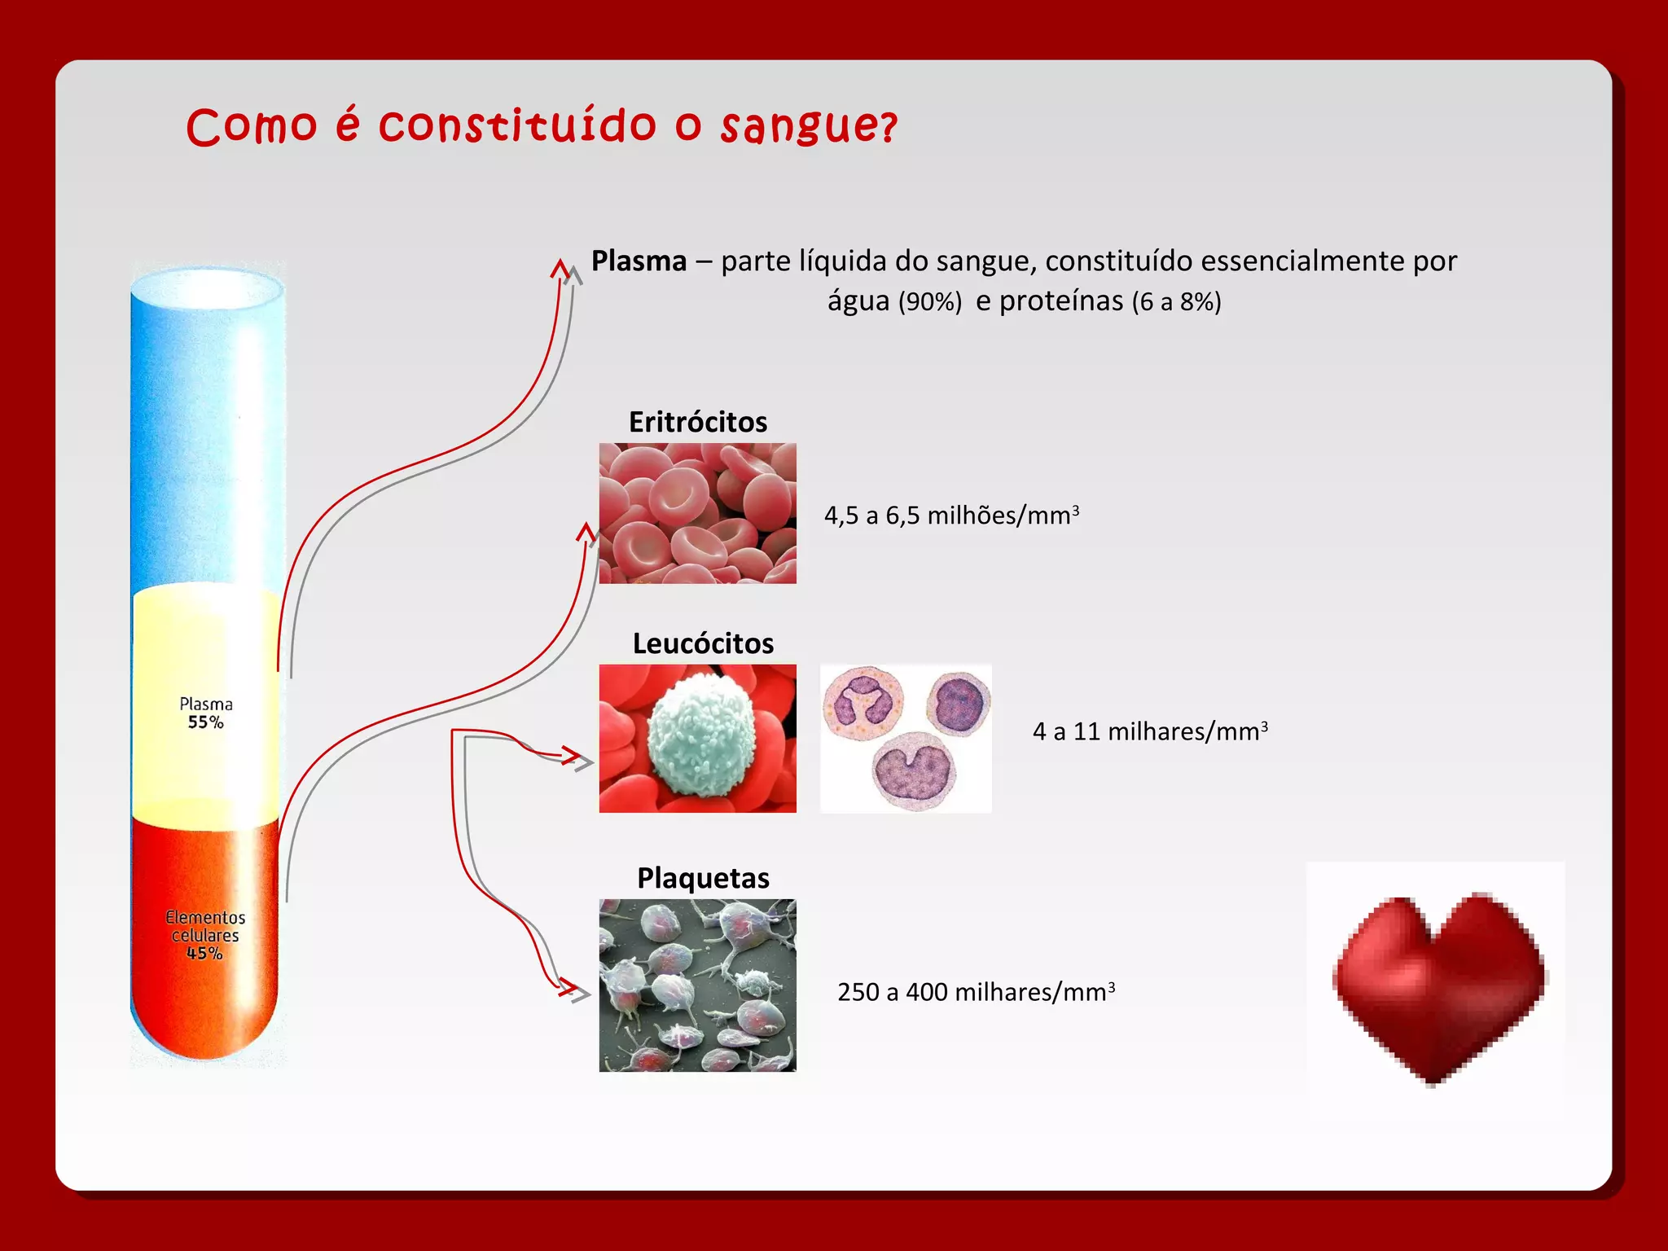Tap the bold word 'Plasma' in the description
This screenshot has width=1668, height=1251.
coord(639,261)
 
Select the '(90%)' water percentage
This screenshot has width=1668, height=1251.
coord(930,302)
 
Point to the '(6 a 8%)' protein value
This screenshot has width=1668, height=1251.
coord(1176,302)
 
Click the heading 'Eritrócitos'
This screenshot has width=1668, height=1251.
coord(698,422)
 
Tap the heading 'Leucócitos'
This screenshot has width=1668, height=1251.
coord(703,643)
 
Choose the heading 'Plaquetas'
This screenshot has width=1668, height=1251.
coord(703,878)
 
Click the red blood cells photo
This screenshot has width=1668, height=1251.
coord(697,513)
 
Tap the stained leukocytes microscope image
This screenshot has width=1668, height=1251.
coord(906,738)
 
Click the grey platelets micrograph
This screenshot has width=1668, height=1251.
coord(697,985)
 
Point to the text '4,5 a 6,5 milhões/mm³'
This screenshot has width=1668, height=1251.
coord(951,516)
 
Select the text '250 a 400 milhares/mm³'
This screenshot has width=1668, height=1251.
coord(976,992)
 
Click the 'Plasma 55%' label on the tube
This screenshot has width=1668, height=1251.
coord(205,713)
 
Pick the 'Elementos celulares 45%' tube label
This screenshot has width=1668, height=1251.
coord(205,935)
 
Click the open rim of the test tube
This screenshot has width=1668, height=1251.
coord(208,289)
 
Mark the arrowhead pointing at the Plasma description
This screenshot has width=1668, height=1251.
coord(562,269)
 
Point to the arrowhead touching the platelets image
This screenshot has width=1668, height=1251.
coord(577,992)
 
